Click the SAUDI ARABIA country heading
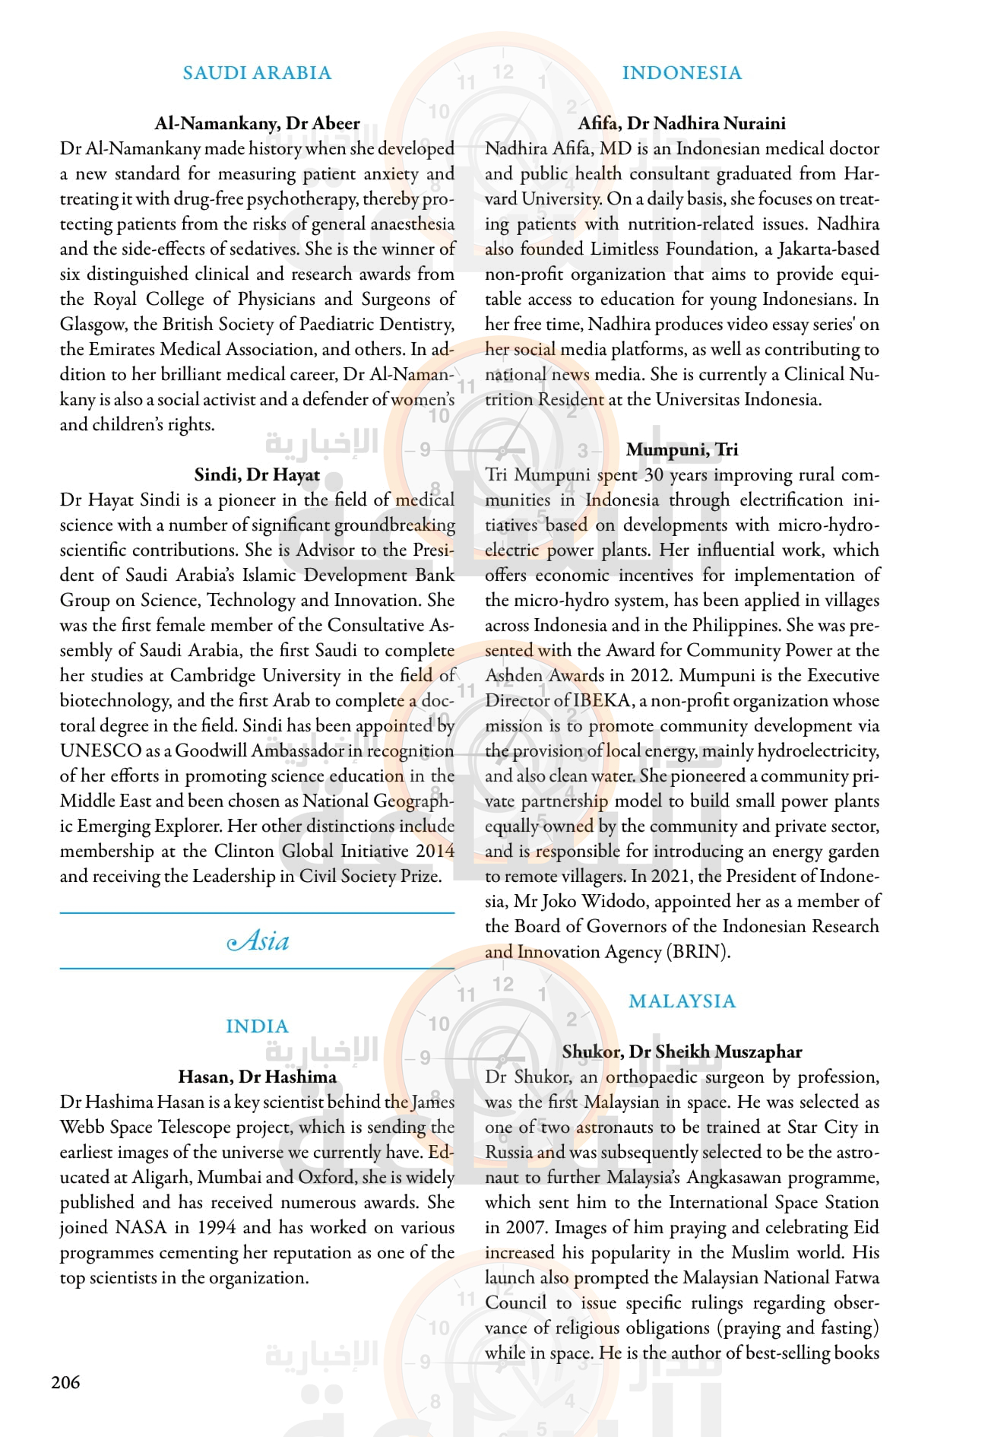click(257, 73)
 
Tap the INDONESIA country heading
click(682, 73)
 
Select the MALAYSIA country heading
click(682, 1001)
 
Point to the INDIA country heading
click(257, 1026)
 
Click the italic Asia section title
click(258, 941)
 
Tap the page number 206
click(65, 1382)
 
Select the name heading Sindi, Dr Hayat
click(257, 475)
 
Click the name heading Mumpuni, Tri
click(682, 450)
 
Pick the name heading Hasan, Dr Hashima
click(257, 1077)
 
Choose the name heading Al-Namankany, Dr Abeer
click(257, 124)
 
